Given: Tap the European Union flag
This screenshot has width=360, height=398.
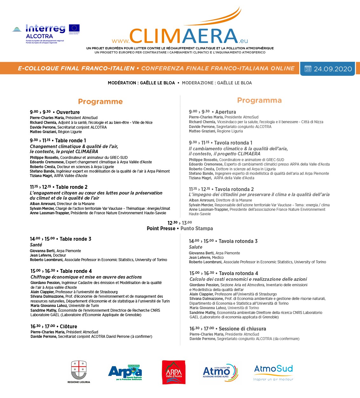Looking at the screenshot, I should pos(74,28).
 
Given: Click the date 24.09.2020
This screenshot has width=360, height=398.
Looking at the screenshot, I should pos(333,69).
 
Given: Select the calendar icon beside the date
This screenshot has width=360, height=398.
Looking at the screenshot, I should pos(308,69).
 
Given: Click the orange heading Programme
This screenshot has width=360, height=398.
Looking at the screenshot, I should pos(100,102).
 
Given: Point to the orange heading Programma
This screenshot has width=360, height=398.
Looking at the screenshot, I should pos(259,101).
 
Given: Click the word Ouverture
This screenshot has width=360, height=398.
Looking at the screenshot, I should pos(68,112).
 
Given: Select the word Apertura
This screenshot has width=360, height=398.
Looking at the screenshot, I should pos(225,112).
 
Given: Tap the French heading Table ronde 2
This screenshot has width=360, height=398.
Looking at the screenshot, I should pos(72,187).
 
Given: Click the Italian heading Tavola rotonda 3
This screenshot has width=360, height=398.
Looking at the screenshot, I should pos(238,241).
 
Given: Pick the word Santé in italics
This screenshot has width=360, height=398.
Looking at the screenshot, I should pos(36,245).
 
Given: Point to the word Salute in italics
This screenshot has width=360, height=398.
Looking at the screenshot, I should pos(196,247).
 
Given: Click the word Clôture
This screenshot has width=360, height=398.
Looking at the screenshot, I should pos(68,326).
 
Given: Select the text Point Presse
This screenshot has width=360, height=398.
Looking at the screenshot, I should pos(161,228).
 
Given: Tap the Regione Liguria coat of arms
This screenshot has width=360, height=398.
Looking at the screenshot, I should pos(79,370).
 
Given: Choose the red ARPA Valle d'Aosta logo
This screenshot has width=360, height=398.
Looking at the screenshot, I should pos(174,372).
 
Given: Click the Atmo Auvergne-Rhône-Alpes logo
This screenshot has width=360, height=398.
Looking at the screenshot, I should pos(220,372).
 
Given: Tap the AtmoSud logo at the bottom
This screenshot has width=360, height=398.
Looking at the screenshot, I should pos(273,372).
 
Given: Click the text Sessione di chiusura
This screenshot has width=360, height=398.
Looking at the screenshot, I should pos(242,329).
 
